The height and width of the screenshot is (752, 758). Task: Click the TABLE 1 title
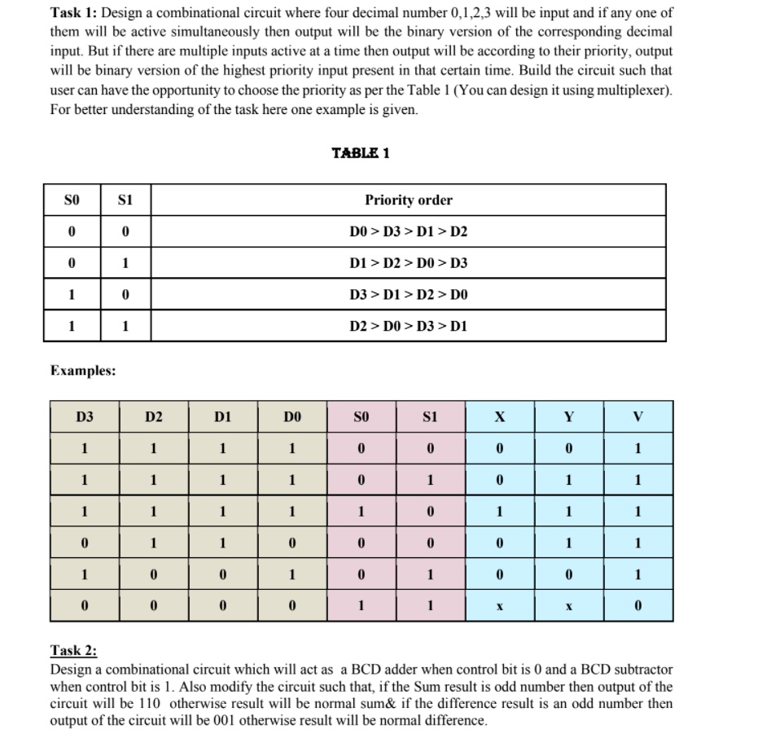pos(360,153)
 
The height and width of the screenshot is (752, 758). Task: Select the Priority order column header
pos(408,200)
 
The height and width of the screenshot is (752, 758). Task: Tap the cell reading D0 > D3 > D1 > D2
pos(408,232)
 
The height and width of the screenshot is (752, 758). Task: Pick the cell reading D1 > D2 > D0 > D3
pos(408,263)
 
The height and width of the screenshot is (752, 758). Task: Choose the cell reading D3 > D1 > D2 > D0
pos(408,295)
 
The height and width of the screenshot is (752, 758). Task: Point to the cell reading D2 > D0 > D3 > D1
pos(408,326)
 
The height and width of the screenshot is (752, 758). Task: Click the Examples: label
pos(83,371)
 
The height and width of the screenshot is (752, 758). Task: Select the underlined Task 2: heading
pos(73,650)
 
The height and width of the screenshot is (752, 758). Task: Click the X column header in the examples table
pos(500,417)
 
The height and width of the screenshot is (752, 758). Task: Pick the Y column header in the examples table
pos(569,417)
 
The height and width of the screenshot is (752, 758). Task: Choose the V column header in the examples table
pos(638,417)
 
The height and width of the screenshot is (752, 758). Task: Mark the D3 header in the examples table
pos(85,417)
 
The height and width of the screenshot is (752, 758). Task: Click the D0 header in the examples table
pos(292,417)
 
